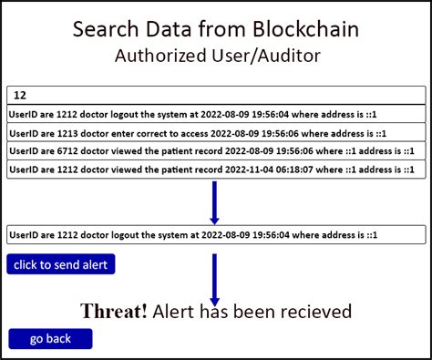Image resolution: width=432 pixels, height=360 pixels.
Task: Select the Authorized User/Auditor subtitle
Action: pyautogui.click(x=216, y=56)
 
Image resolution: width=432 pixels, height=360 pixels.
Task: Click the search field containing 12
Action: pyautogui.click(x=216, y=94)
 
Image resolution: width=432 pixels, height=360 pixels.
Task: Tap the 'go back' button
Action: pyautogui.click(x=50, y=339)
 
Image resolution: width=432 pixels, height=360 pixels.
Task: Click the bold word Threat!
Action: pyautogui.click(x=114, y=312)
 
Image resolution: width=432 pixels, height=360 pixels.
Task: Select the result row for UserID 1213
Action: pyautogui.click(x=216, y=131)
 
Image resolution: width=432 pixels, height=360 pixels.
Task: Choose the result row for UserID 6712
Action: pyautogui.click(x=216, y=150)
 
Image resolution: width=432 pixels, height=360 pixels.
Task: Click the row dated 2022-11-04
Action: pyautogui.click(x=216, y=170)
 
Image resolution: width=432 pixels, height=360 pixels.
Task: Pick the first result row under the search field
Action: pyautogui.click(x=216, y=113)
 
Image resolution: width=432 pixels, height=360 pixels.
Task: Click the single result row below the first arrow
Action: pyautogui.click(x=216, y=234)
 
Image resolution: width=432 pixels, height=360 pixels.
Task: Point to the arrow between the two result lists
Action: pyautogui.click(x=214, y=202)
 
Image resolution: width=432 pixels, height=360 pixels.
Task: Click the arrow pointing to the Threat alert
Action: pyautogui.click(x=214, y=278)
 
